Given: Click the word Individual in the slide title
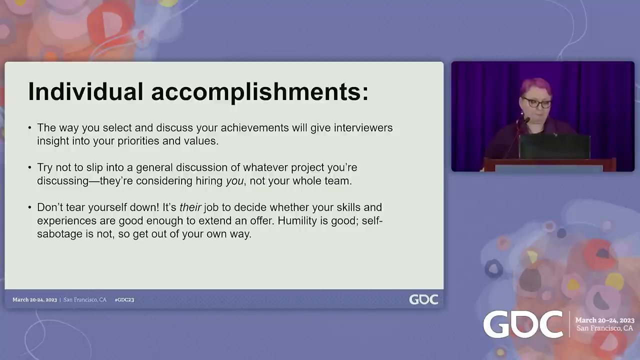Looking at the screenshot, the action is pyautogui.click(x=85, y=91).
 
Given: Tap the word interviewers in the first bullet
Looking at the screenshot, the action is pyautogui.click(x=363, y=127).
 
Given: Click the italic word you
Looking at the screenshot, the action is pyautogui.click(x=235, y=181).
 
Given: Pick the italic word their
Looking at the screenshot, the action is pyautogui.click(x=190, y=207).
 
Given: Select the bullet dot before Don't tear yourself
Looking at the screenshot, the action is pyautogui.click(x=29, y=207).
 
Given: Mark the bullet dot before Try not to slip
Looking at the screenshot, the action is pyautogui.click(x=29, y=167).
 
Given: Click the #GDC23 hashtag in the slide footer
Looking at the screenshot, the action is pyautogui.click(x=124, y=299).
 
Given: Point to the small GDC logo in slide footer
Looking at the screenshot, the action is pyautogui.click(x=423, y=299).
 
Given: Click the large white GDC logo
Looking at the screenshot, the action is pyautogui.click(x=523, y=324).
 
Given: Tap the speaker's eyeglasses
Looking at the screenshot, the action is pyautogui.click(x=537, y=103).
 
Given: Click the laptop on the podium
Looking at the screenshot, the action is pyautogui.click(x=554, y=146).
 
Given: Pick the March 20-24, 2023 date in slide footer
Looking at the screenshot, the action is pyautogui.click(x=34, y=299).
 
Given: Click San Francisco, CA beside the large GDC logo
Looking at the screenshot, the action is pyautogui.click(x=604, y=328).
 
